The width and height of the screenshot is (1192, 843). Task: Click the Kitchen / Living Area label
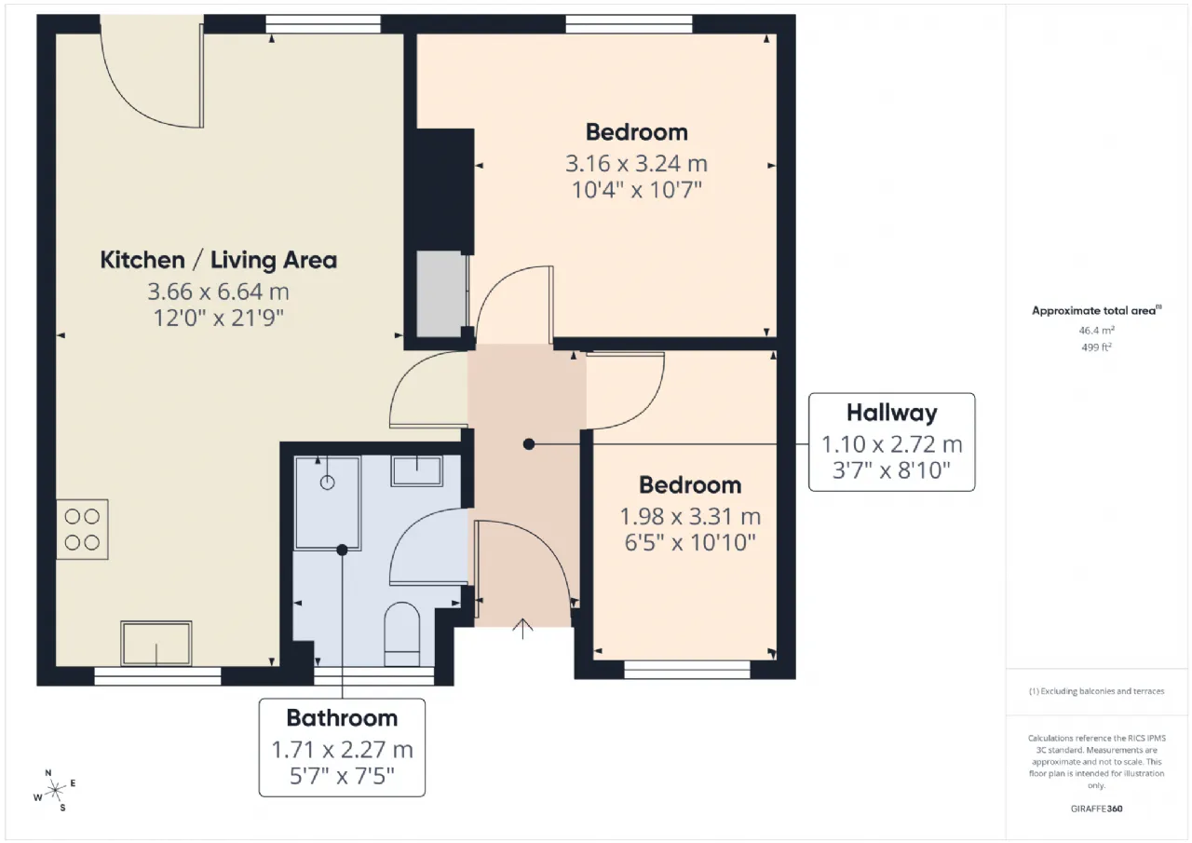pyautogui.click(x=218, y=260)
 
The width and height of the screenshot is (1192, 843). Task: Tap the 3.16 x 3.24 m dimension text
pyautogui.click(x=636, y=163)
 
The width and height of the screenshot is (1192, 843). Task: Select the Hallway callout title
pyautogui.click(x=892, y=413)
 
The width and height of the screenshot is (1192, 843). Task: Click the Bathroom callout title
pyautogui.click(x=342, y=718)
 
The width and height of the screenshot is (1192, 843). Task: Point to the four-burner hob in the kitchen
pyautogui.click(x=83, y=529)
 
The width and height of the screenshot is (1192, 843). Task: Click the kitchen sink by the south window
pyautogui.click(x=156, y=643)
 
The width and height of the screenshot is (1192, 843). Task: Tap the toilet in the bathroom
pyautogui.click(x=401, y=633)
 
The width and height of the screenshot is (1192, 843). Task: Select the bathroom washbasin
pyautogui.click(x=416, y=471)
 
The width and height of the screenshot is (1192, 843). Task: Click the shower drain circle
pyautogui.click(x=327, y=483)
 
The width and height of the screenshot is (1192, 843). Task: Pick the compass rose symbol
pyautogui.click(x=55, y=791)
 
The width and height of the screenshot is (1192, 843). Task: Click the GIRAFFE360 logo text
pyautogui.click(x=1096, y=809)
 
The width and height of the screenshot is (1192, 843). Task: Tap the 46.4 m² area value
pyautogui.click(x=1096, y=330)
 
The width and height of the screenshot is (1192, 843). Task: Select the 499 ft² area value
pyautogui.click(x=1096, y=347)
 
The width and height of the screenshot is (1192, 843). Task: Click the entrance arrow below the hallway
pyautogui.click(x=522, y=628)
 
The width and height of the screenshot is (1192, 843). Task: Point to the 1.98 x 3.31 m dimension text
pyautogui.click(x=690, y=516)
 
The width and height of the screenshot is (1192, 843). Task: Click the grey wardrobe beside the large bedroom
pyautogui.click(x=441, y=293)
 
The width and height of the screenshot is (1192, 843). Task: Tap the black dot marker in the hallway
pyautogui.click(x=528, y=443)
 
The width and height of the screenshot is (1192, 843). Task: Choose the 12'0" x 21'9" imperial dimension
pyautogui.click(x=218, y=318)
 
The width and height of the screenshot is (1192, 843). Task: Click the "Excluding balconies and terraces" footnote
pyautogui.click(x=1096, y=691)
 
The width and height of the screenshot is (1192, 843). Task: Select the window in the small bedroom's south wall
pyautogui.click(x=687, y=670)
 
